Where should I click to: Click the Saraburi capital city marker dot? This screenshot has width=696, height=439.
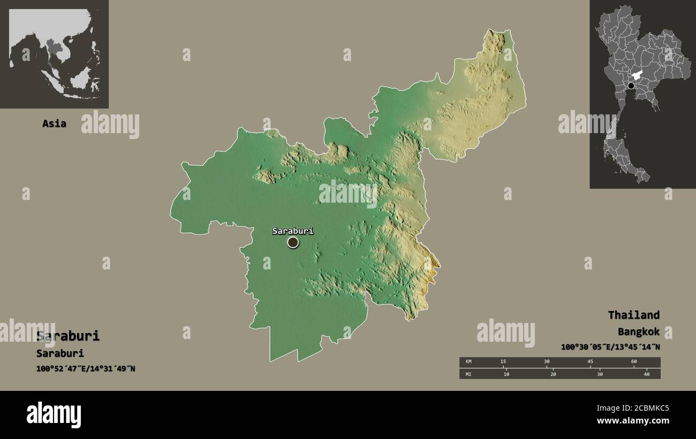[293, 242]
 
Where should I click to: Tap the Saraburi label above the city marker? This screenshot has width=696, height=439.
[292, 231]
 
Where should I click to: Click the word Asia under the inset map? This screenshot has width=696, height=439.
[54, 124]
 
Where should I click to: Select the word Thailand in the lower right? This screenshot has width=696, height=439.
[633, 315]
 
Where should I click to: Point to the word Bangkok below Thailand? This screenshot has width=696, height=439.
[638, 332]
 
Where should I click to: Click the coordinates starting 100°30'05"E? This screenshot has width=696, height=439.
[610, 346]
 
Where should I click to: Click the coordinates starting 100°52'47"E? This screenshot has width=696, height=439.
[86, 368]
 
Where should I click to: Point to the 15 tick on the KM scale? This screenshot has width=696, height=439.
[503, 362]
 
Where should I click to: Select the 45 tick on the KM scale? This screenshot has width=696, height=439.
[590, 362]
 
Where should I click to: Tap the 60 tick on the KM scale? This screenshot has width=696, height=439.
[634, 362]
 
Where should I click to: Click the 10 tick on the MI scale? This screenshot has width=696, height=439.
[506, 374]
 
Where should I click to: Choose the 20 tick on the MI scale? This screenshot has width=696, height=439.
[553, 374]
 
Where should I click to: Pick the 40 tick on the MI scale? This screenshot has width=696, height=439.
[646, 374]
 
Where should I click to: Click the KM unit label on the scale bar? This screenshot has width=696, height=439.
[468, 362]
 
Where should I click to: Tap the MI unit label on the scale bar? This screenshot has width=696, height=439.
[468, 374]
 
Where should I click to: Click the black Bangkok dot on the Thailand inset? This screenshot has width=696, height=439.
[631, 86]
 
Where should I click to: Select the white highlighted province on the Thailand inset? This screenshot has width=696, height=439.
[637, 77]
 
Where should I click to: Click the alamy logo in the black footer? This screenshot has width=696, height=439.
[54, 415]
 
